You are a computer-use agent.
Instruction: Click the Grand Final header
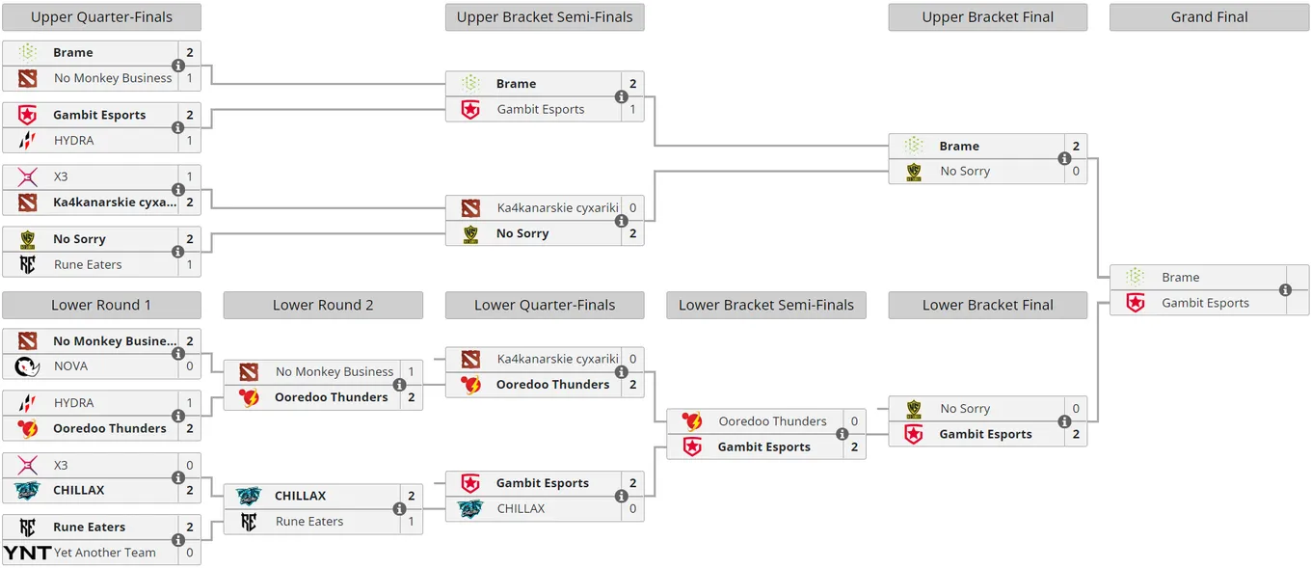(1209, 17)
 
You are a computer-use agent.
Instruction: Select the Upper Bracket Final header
(987, 17)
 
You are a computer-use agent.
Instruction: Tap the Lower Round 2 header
(323, 305)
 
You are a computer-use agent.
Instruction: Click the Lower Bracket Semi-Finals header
(766, 305)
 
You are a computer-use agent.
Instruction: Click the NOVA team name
(70, 366)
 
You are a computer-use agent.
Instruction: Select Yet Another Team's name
(105, 553)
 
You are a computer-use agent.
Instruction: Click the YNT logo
(27, 553)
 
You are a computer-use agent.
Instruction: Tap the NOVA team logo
(27, 366)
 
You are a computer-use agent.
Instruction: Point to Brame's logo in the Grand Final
(1136, 277)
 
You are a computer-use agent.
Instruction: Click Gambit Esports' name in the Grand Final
(1205, 303)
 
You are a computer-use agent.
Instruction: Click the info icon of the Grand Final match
(1285, 290)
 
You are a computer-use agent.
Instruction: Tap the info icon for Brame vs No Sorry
(1064, 159)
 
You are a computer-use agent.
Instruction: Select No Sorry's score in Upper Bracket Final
(1076, 172)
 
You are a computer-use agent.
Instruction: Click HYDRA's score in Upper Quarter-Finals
(190, 141)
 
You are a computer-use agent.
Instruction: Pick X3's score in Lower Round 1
(190, 466)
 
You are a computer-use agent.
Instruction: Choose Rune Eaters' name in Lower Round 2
(309, 522)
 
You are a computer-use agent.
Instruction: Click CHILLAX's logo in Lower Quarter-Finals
(470, 509)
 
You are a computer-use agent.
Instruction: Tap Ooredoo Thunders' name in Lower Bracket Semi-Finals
(772, 421)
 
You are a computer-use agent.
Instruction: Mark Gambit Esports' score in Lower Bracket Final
(1076, 435)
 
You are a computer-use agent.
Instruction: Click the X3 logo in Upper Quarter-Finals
(28, 176)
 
